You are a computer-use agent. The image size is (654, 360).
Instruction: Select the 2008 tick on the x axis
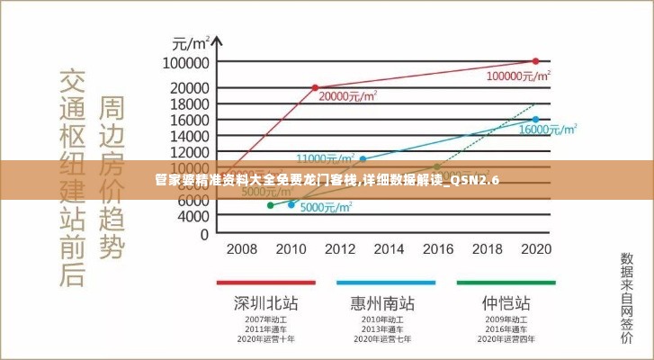pos(241,248)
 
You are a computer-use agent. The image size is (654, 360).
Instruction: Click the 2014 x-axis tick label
pos(389,248)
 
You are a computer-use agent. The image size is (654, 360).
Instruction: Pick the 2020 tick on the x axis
pos(536,248)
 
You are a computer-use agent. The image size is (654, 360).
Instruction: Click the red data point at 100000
pos(536,61)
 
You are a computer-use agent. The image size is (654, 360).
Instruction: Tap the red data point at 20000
pos(315,87)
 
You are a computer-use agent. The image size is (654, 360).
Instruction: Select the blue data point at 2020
pos(536,119)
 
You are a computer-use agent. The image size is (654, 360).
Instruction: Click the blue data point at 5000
pos(291,205)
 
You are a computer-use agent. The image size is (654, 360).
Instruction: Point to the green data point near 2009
pos(270,205)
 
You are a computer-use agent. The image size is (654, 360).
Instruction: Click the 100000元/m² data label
pos(519,76)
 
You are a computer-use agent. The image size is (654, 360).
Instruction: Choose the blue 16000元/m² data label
pos(548,130)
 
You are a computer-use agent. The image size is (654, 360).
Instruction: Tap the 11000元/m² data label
pos(326,158)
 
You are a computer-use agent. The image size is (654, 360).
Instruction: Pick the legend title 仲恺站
pos(506,301)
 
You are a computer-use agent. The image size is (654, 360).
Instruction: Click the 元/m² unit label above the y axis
pos(191,42)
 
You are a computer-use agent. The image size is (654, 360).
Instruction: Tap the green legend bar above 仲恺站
pos(506,283)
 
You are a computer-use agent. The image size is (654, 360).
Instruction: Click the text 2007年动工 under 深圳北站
pos(265,319)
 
